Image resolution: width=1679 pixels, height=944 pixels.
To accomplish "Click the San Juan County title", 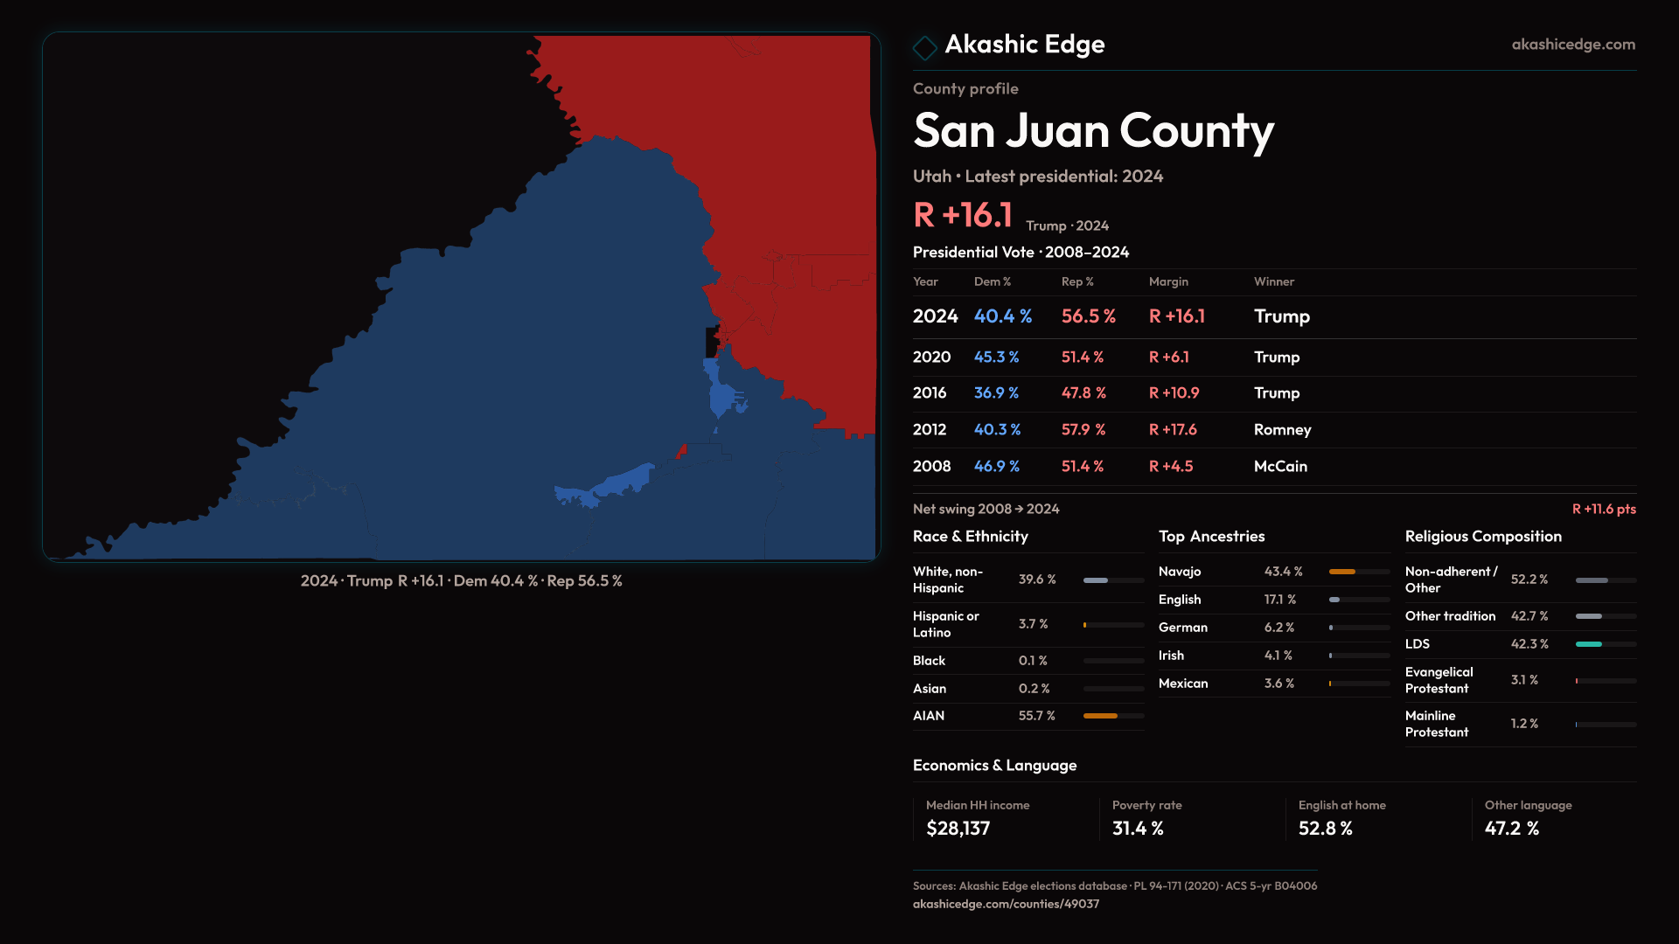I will (x=1093, y=131).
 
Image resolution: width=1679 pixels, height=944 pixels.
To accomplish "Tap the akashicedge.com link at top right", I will (x=1573, y=45).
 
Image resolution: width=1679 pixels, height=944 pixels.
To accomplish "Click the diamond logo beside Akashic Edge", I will (x=924, y=47).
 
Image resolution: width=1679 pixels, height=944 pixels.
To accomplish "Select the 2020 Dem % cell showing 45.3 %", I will (x=997, y=357).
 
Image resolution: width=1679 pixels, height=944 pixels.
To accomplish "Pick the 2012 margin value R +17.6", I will (x=1173, y=430).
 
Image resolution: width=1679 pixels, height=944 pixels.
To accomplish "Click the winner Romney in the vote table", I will (x=1282, y=430).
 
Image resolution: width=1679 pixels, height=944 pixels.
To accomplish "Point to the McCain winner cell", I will (x=1280, y=467).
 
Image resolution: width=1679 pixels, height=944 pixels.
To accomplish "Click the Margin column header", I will (x=1168, y=281).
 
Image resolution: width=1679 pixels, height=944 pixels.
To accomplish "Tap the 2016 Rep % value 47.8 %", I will (x=1083, y=393).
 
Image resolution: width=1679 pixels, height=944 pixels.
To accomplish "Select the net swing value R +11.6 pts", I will (x=1604, y=510).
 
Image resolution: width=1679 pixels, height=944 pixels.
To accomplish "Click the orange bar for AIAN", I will (x=1100, y=716).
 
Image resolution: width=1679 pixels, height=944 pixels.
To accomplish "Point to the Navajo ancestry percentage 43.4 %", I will (x=1283, y=572).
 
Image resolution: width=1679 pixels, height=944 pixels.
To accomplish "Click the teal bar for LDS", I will (x=1588, y=644).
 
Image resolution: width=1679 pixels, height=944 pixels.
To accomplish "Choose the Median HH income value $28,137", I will (x=958, y=829).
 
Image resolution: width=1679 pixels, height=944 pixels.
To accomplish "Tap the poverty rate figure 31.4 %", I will (x=1138, y=829).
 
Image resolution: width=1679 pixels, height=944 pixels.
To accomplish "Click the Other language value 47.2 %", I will (x=1511, y=829).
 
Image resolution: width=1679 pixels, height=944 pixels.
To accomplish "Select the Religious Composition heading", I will (x=1483, y=537).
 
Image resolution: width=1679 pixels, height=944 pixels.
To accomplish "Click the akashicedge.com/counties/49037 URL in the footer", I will (x=1006, y=904).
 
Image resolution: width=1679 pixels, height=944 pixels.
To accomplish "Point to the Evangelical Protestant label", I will (x=1439, y=680).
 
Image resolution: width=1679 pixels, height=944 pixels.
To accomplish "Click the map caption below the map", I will (x=461, y=581).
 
